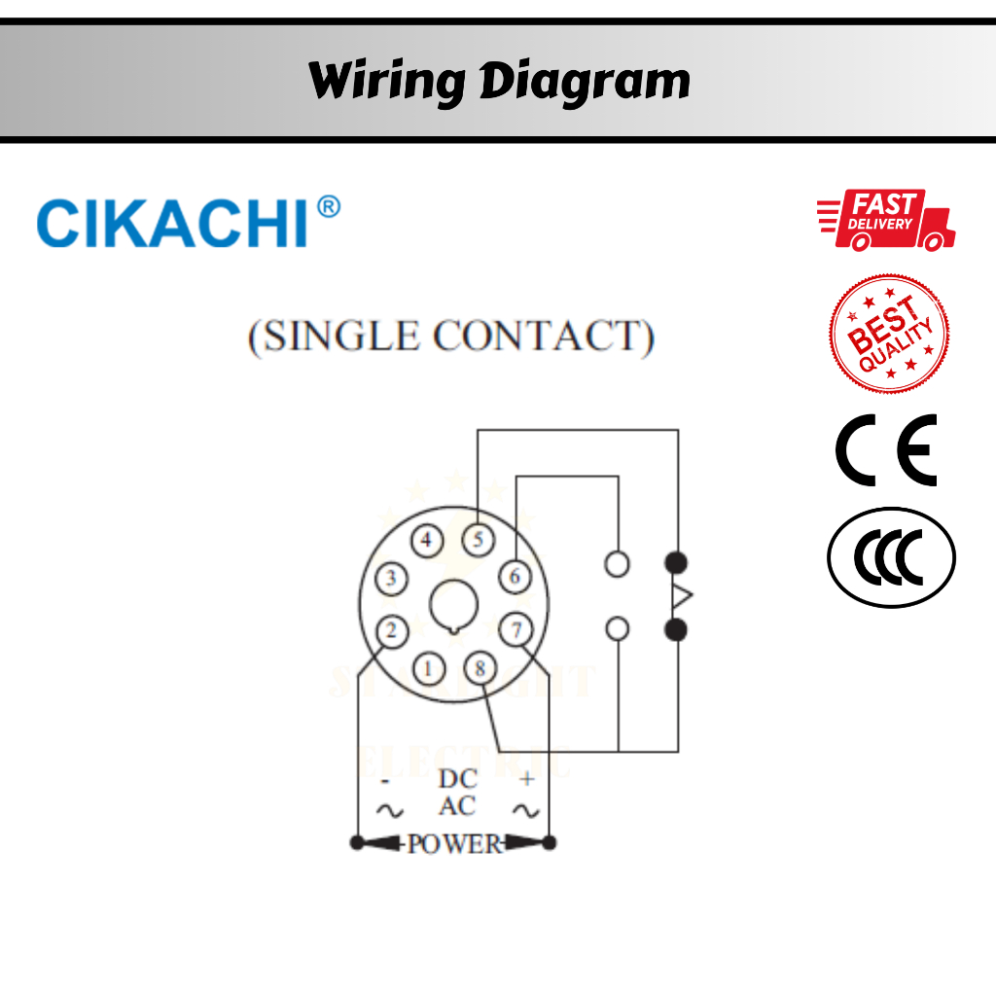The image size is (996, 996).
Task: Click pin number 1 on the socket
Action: [x=429, y=668]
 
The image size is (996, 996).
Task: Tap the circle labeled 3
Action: [x=391, y=580]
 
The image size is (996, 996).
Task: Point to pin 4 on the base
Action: [x=426, y=540]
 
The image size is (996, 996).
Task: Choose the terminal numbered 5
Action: [x=478, y=540]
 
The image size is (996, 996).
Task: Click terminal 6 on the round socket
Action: [x=515, y=577]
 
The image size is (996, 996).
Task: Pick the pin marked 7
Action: [x=516, y=630]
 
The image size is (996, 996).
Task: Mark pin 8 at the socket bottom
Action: [x=480, y=668]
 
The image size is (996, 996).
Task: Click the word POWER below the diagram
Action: [x=453, y=843]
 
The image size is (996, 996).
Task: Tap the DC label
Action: [x=457, y=779]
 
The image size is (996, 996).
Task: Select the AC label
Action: [x=456, y=807]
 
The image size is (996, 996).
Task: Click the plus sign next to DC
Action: [x=527, y=779]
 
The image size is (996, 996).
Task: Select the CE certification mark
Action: [x=886, y=449]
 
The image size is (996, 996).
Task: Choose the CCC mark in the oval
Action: [x=891, y=558]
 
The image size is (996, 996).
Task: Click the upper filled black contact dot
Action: [x=676, y=562]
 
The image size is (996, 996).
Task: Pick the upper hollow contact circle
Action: [x=617, y=563]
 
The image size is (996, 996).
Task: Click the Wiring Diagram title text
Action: [x=499, y=81]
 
